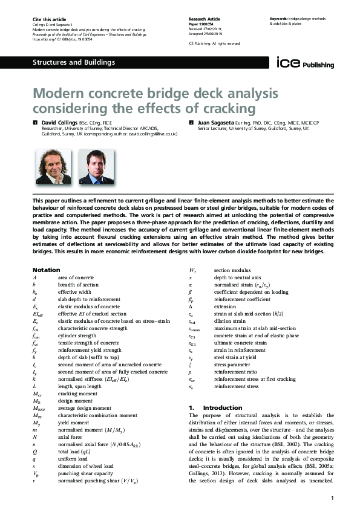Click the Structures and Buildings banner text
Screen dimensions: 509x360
(73, 62)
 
